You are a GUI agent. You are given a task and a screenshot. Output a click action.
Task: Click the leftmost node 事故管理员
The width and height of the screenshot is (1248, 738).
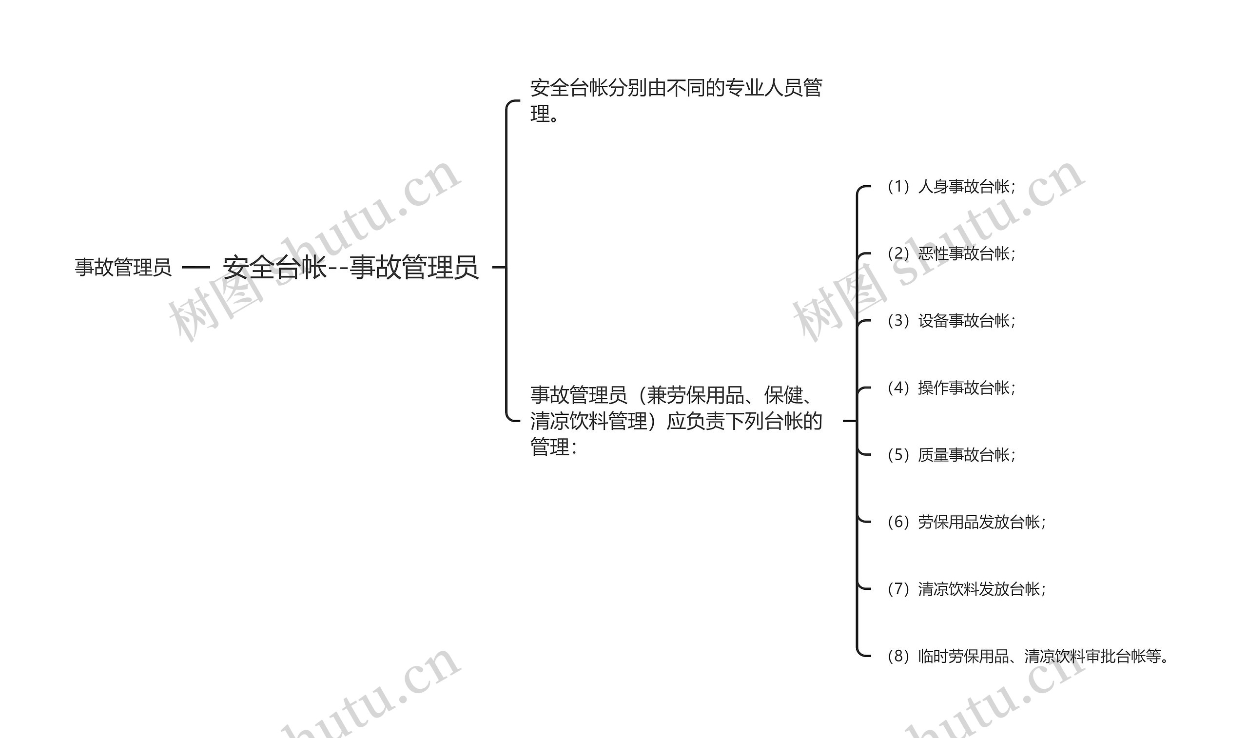tap(123, 268)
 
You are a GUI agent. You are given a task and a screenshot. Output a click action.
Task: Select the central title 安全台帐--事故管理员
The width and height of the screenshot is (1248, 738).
tap(351, 268)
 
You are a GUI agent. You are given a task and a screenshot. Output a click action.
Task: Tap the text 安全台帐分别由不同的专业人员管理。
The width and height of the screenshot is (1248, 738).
tap(676, 100)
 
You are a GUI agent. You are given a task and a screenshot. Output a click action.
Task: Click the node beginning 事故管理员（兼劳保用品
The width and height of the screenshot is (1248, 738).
tap(676, 421)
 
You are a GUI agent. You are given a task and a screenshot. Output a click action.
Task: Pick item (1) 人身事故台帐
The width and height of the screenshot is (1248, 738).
tap(951, 187)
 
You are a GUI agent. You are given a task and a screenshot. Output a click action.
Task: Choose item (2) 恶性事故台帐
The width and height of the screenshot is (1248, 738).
tap(951, 253)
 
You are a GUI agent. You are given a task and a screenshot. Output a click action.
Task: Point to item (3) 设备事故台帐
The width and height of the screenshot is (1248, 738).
tap(951, 321)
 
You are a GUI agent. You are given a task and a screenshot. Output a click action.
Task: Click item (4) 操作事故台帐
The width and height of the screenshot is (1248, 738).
tap(951, 388)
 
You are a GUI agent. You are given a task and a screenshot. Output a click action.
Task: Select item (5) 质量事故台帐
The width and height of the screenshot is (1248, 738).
tap(951, 454)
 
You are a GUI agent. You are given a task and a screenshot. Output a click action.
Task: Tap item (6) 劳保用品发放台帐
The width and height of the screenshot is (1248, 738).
tap(966, 522)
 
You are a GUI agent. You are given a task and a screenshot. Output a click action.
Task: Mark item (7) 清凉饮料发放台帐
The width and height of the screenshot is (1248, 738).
tap(966, 589)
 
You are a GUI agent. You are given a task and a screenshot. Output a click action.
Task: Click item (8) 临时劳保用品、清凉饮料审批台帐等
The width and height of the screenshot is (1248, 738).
tap(1027, 656)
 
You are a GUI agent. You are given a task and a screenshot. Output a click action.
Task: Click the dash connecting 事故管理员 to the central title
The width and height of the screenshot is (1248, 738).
tap(196, 268)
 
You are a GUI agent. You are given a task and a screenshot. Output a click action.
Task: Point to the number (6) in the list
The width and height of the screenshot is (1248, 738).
tap(898, 522)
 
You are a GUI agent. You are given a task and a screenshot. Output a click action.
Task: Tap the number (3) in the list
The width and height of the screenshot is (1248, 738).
tap(898, 321)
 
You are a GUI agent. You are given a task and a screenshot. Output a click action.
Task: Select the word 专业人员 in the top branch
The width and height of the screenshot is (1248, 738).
tap(762, 88)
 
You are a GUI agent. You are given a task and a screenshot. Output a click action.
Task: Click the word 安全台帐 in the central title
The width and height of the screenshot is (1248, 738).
tap(274, 268)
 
